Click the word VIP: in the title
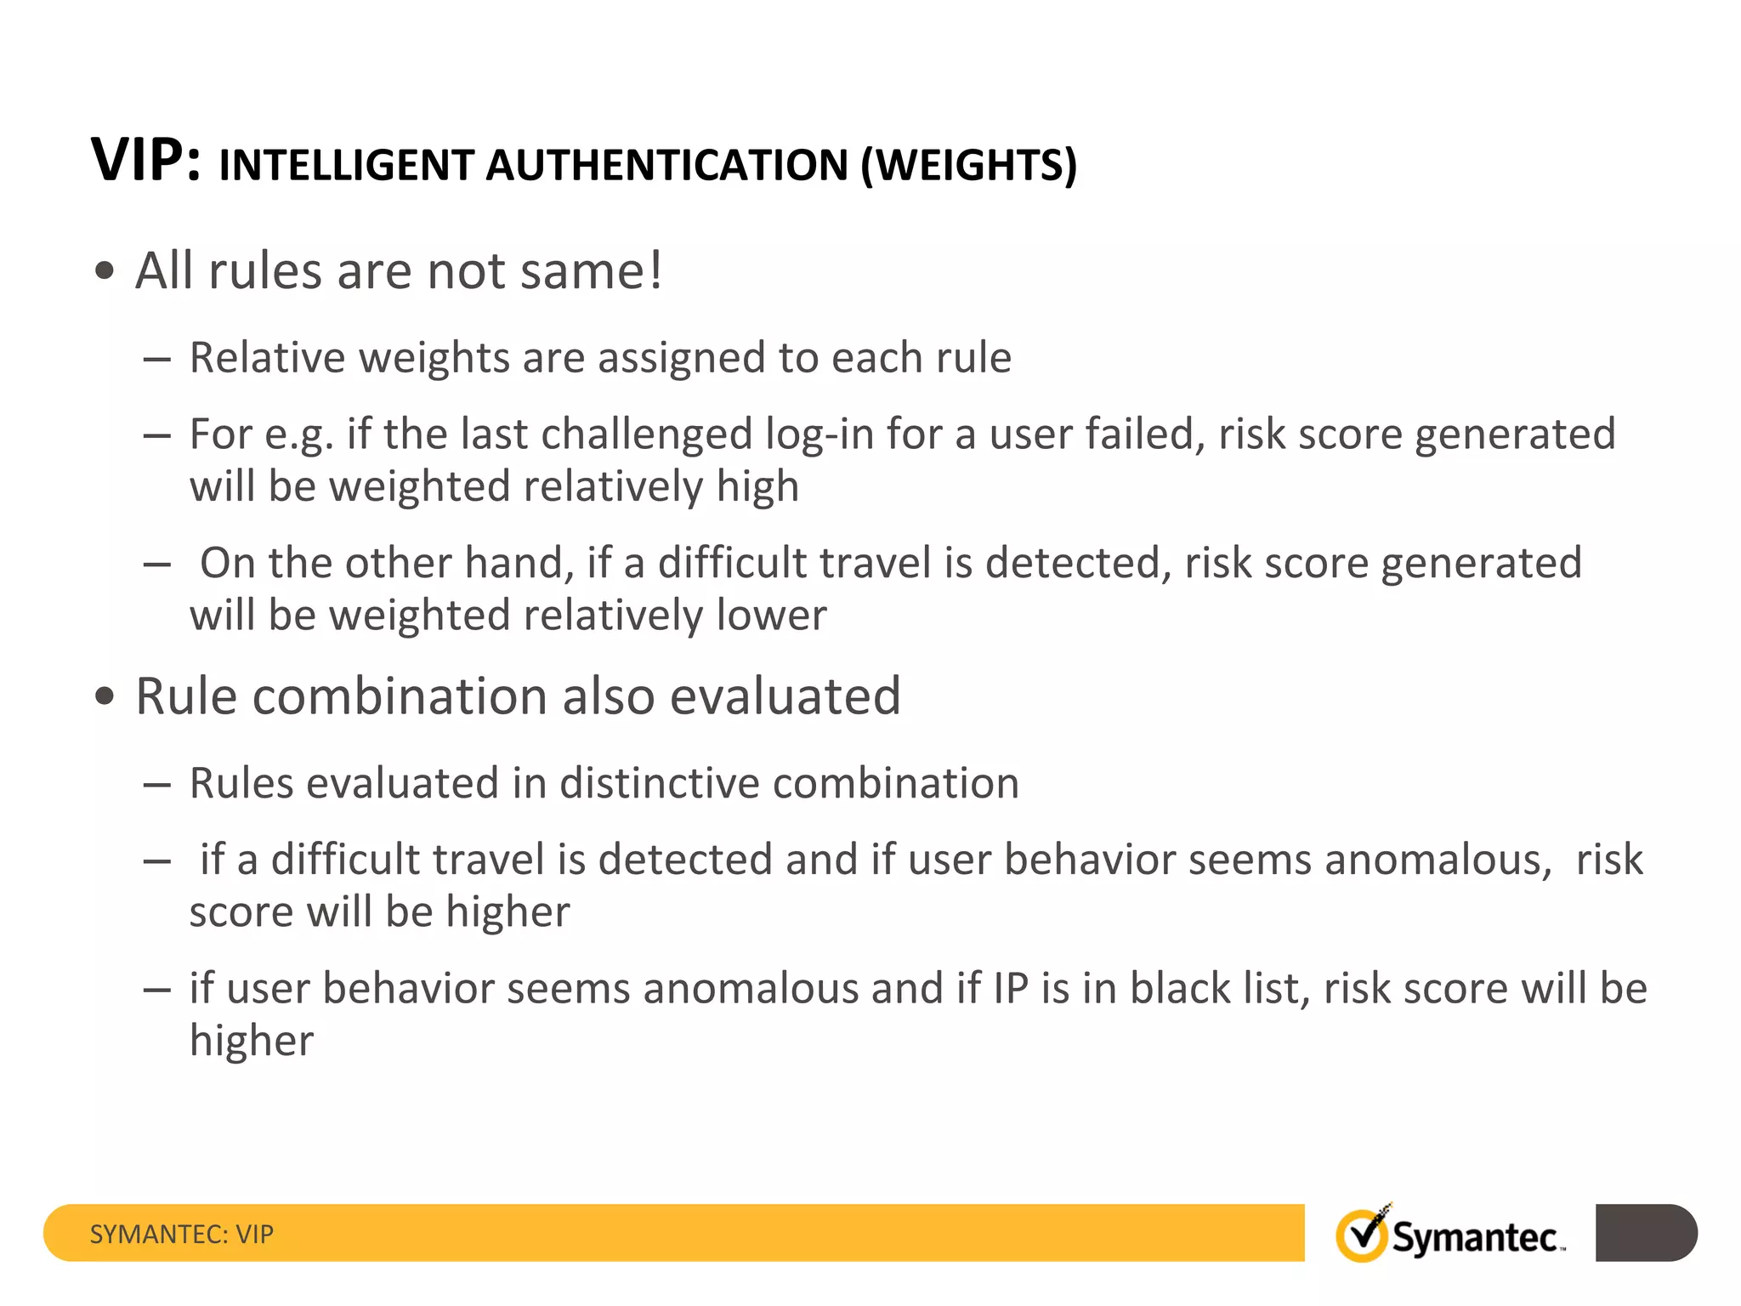click(x=146, y=160)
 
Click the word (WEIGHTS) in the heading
click(x=968, y=165)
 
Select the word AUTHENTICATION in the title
click(x=666, y=165)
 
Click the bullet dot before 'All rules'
click(x=105, y=272)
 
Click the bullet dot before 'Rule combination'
click(x=105, y=697)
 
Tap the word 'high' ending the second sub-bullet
click(x=757, y=487)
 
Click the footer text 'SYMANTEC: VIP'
click(x=181, y=1234)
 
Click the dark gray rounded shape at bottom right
click(x=1646, y=1233)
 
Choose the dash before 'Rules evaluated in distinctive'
click(x=157, y=784)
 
